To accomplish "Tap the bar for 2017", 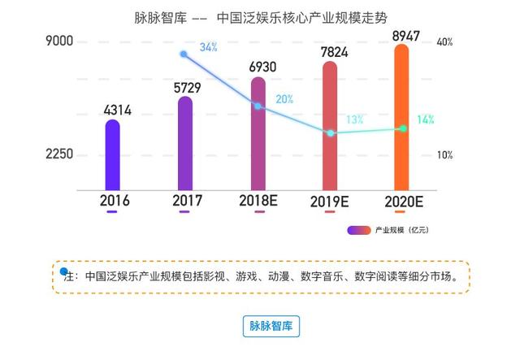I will pyautogui.click(x=185, y=143).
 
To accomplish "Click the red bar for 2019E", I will pyautogui.click(x=330, y=126).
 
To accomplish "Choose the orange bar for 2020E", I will pyautogui.click(x=401, y=118).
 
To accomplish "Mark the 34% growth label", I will pyautogui.click(x=208, y=47).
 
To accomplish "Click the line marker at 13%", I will pyautogui.click(x=330, y=132).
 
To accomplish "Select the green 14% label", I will pyautogui.click(x=425, y=119).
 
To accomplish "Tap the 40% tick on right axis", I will pyautogui.click(x=444, y=42).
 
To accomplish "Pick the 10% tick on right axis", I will pyautogui.click(x=444, y=154).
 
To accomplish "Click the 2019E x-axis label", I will pyautogui.click(x=331, y=200).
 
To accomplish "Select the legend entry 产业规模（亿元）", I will pyautogui.click(x=390, y=230).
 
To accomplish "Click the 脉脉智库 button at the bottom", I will pyautogui.click(x=271, y=326).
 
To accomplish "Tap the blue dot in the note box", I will pyautogui.click(x=64, y=270).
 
